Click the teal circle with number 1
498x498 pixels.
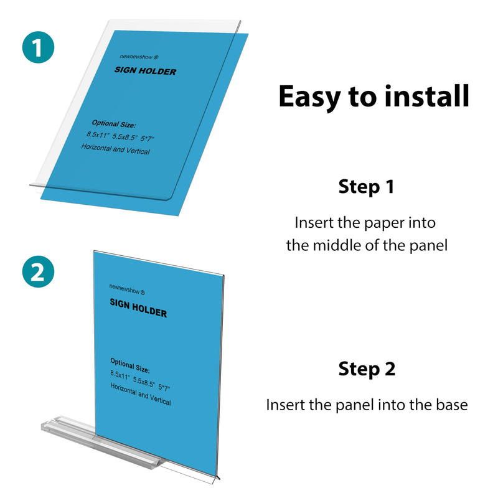click(x=38, y=49)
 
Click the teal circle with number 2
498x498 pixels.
click(x=38, y=273)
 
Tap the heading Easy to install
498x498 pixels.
click(x=373, y=96)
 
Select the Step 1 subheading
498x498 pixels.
click(x=366, y=187)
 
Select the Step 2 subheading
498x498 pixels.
click(x=367, y=369)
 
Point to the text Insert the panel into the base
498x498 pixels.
click(x=367, y=405)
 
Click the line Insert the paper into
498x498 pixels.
click(x=365, y=222)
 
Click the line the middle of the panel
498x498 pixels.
click(x=367, y=245)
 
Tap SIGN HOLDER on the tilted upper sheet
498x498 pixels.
click(x=145, y=70)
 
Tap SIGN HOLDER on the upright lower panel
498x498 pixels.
click(x=138, y=308)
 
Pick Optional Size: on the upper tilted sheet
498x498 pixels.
click(x=113, y=125)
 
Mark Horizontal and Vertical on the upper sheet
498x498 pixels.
click(x=115, y=149)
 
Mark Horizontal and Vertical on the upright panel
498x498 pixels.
click(x=140, y=395)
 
